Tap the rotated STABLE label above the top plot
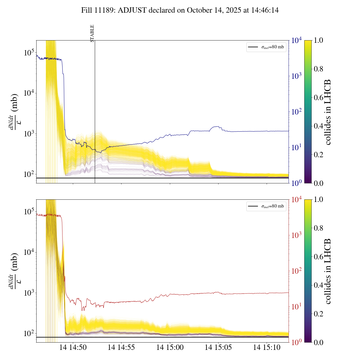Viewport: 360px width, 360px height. (92, 33)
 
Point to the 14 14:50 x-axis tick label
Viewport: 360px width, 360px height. (73, 348)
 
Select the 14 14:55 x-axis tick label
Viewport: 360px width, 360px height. (121, 348)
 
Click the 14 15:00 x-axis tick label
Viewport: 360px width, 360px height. (170, 348)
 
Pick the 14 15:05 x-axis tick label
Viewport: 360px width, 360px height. (218, 348)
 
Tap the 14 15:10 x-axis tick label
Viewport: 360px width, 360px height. (267, 348)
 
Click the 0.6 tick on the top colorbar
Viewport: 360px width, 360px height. (318, 98)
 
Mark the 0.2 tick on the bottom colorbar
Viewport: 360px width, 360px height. (318, 314)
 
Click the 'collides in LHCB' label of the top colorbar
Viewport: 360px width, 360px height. (327, 112)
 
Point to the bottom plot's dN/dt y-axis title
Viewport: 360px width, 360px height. (14, 271)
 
